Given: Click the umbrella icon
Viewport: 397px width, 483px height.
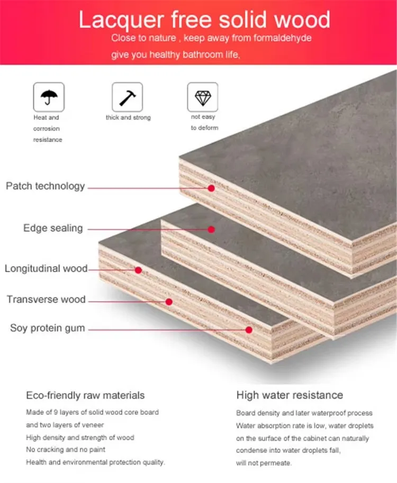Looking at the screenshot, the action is tap(49, 97).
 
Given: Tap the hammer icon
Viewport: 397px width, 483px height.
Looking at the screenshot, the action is tap(127, 97).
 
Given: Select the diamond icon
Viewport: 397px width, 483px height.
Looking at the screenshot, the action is tap(203, 98).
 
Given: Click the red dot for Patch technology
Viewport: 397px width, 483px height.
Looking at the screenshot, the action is tap(211, 188).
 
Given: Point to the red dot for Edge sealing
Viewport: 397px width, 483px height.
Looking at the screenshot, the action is tap(211, 230).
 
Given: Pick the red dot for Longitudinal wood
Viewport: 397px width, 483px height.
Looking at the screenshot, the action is tap(138, 270).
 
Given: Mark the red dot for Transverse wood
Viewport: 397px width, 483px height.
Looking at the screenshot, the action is tap(169, 302).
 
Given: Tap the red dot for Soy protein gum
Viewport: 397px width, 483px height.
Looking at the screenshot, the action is tap(249, 330).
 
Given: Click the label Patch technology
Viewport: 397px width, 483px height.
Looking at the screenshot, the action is tap(46, 186).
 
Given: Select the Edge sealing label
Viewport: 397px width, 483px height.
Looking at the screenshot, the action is tap(53, 228).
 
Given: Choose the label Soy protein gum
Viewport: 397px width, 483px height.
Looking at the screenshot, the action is tap(48, 329).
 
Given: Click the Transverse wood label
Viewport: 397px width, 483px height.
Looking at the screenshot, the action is tap(46, 299).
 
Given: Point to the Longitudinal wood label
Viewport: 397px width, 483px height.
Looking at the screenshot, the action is tap(46, 269).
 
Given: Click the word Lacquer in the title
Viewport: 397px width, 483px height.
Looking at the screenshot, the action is tap(121, 20).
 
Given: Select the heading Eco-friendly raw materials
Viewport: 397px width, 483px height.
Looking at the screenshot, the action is tap(85, 396).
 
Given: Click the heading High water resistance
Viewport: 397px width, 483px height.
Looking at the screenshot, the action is tap(290, 395).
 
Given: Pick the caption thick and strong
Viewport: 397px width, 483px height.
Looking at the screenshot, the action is tap(128, 117).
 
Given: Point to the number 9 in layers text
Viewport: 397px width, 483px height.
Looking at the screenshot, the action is tap(56, 412).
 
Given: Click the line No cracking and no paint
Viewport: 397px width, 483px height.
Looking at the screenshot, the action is tap(66, 450).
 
